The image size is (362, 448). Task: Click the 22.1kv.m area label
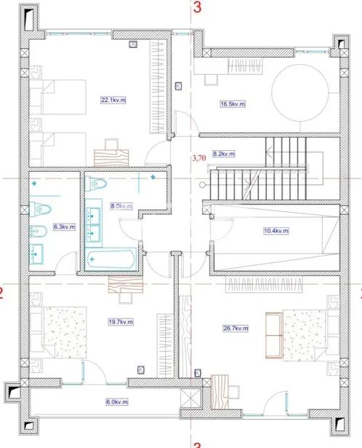click(x=113, y=100)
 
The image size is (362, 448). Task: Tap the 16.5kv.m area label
click(x=233, y=104)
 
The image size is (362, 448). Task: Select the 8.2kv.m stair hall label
click(x=224, y=154)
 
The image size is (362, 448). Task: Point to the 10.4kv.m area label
click(x=276, y=231)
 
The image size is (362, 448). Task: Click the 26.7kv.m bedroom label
click(x=236, y=329)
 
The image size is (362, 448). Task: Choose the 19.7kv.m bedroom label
click(x=121, y=322)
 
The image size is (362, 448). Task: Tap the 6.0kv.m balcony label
click(x=117, y=402)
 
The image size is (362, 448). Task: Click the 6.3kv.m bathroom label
click(x=65, y=227)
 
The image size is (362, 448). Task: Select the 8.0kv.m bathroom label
click(x=121, y=205)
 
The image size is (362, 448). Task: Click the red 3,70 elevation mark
click(x=199, y=158)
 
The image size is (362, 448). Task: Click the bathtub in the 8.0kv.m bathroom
click(x=111, y=259)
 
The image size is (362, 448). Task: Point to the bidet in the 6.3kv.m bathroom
click(x=38, y=231)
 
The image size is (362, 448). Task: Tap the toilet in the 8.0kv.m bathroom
click(x=96, y=184)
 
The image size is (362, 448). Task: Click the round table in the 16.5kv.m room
click(x=300, y=92)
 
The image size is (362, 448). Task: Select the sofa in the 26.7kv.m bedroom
click(x=274, y=335)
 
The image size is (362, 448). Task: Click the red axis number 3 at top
click(x=197, y=7)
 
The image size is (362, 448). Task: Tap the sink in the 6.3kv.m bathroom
click(x=36, y=254)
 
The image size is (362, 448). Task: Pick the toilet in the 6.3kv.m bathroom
click(x=40, y=209)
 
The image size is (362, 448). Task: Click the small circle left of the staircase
click(x=202, y=185)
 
